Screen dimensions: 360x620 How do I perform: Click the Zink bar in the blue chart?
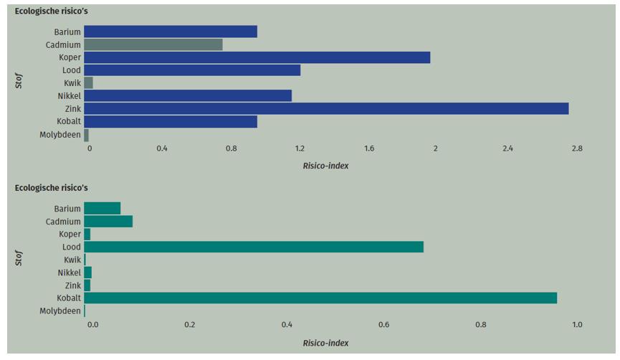point(326,108)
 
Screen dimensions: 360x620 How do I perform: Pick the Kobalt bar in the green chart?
point(320,298)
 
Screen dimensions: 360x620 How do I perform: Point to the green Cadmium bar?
point(108,222)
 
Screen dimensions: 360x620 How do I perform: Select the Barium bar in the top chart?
point(170,32)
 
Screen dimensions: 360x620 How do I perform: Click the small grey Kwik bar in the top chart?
point(88,83)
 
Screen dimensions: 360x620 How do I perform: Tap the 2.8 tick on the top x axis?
point(576,149)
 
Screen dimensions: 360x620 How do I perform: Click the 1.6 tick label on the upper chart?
point(368,149)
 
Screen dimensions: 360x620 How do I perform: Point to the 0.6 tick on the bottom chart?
point(383,325)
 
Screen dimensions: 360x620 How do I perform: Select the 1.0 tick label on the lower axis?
point(576,325)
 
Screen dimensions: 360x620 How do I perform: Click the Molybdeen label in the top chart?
point(60,135)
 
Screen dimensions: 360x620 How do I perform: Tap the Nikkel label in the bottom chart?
point(70,273)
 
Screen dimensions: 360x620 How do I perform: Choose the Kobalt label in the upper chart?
point(69,122)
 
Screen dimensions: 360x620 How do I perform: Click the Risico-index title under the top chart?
point(325,166)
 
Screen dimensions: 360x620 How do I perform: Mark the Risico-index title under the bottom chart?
point(325,343)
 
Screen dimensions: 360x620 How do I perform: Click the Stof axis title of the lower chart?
point(19,258)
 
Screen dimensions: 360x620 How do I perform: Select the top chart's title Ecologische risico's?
point(52,11)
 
